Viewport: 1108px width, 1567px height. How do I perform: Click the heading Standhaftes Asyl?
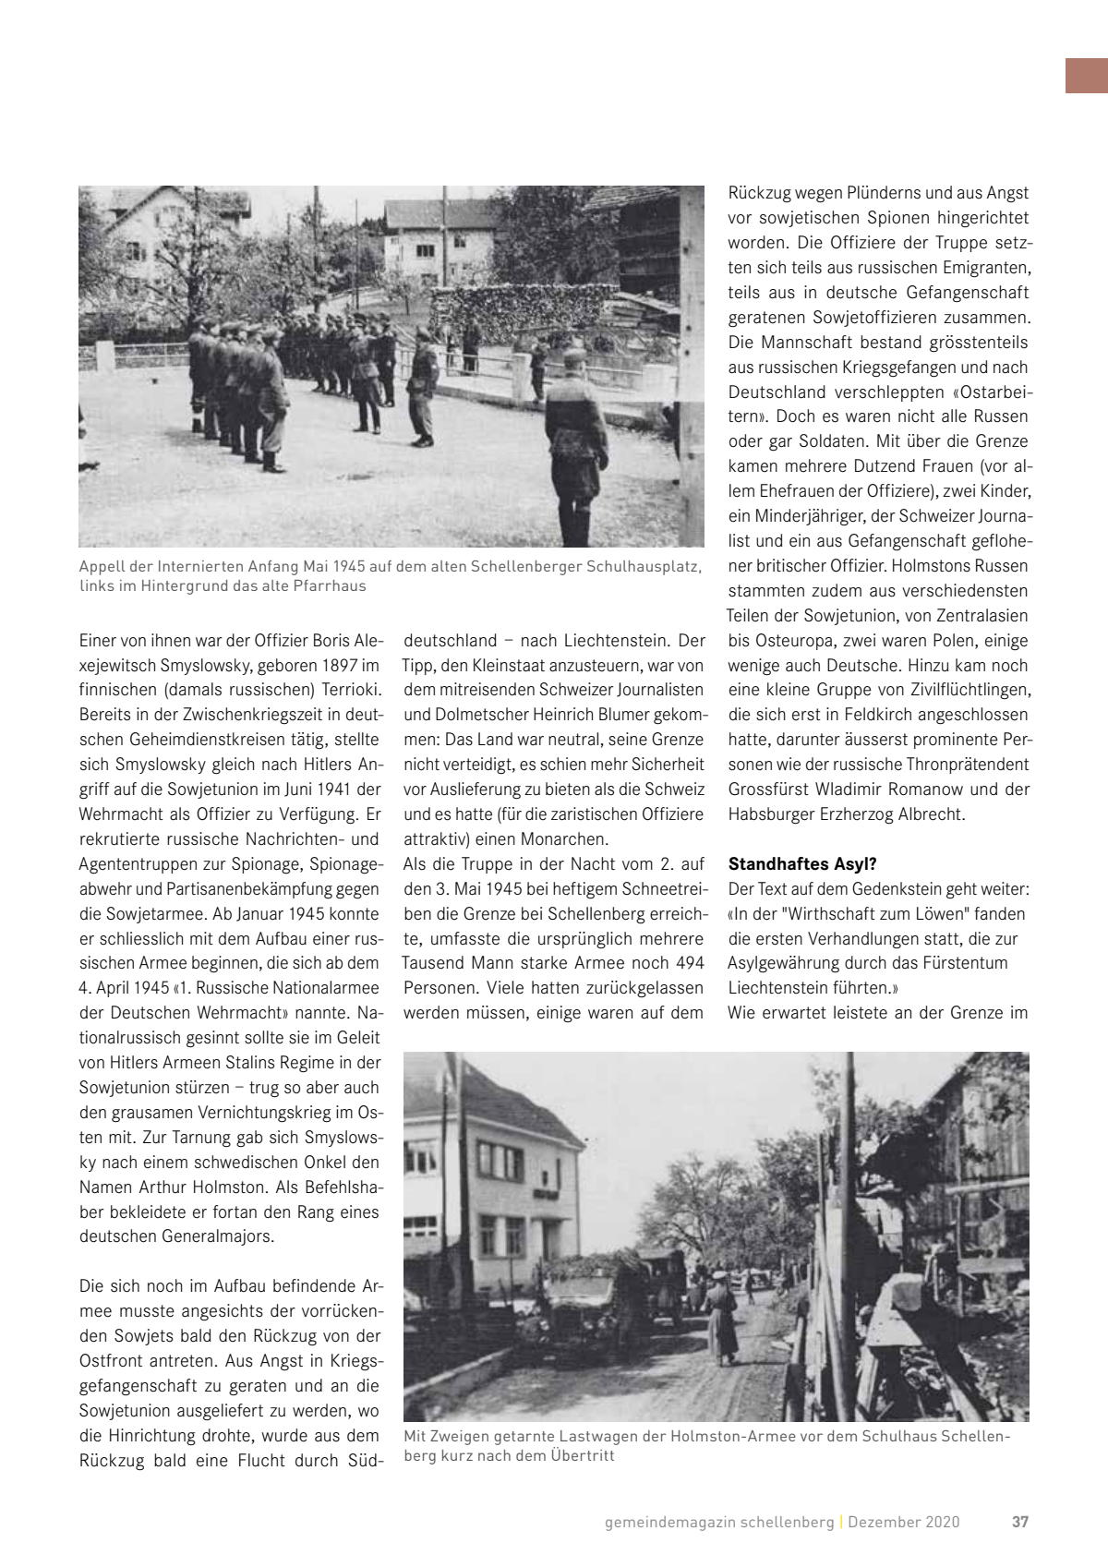pos(801,864)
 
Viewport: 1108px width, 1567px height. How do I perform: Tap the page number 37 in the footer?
pos(1019,1522)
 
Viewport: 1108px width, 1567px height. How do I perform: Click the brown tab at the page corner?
pos(1087,76)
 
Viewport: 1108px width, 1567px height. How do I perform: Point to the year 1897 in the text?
pos(341,666)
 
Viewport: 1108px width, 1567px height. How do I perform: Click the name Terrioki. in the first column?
pos(346,690)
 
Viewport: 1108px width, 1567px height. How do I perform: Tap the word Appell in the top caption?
pos(102,566)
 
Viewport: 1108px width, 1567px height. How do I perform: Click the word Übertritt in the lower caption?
pos(583,1456)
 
